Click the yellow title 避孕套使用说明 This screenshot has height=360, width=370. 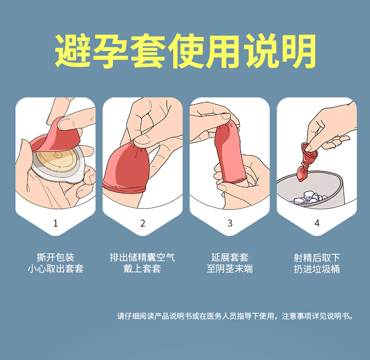pos(185,51)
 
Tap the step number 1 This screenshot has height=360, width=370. pos(56,223)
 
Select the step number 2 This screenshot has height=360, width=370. pos(143,223)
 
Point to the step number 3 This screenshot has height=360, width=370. pos(230,223)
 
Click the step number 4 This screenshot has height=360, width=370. pos(317,223)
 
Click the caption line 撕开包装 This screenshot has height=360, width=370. pos(55,257)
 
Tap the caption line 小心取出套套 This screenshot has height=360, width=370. pos(55,269)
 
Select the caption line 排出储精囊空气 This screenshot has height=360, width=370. pos(142,257)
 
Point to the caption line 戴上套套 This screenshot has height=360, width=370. pos(142,269)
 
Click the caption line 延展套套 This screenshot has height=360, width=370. pos(230,257)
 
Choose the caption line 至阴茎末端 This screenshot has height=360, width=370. pos(230,269)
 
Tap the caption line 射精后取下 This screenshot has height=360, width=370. pos(317,257)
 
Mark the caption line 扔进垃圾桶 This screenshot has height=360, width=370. pos(317,269)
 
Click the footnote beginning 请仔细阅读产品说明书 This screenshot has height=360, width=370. pos(235,316)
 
